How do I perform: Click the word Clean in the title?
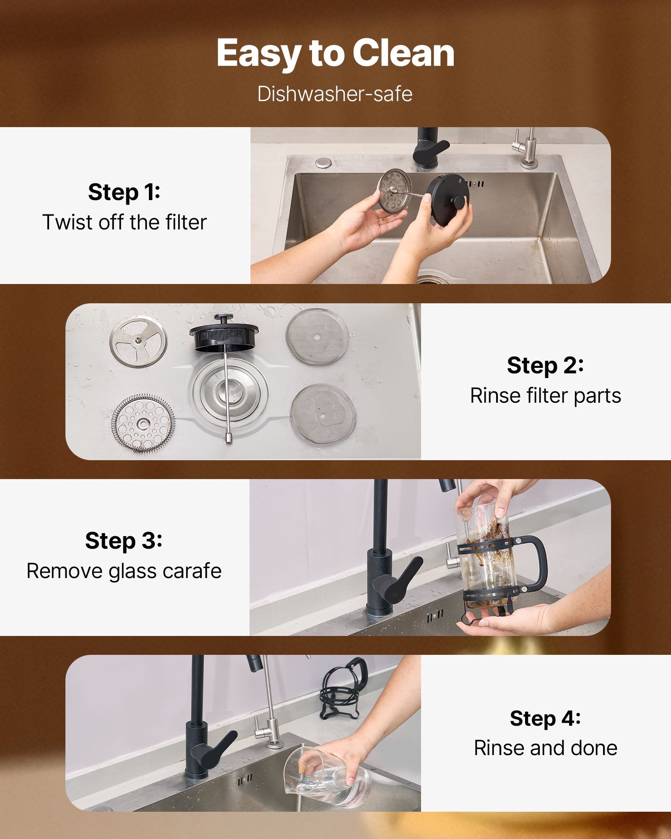coord(403,53)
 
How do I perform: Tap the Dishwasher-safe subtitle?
coord(335,94)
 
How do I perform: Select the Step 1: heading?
coord(124,192)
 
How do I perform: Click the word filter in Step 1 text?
coord(186,222)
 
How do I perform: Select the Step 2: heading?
coord(545,365)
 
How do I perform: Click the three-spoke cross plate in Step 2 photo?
coord(138,341)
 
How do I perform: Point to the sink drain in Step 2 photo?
coord(229,393)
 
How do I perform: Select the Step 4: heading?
coord(545,718)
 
